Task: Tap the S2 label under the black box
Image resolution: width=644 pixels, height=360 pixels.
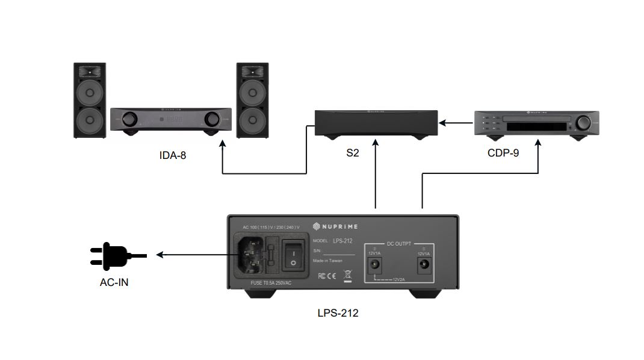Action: (x=353, y=154)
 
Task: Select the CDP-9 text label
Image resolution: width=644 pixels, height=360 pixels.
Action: (x=503, y=153)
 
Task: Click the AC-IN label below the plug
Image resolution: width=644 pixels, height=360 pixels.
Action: (x=114, y=281)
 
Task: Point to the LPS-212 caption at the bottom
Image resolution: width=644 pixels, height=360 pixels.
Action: (x=338, y=313)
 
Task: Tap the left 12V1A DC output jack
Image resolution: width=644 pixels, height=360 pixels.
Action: (x=375, y=263)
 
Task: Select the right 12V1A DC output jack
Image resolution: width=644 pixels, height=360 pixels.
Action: (x=424, y=263)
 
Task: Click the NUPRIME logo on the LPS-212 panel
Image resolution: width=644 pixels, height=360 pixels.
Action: (x=335, y=226)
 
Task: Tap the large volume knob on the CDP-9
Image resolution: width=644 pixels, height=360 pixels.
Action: (x=583, y=123)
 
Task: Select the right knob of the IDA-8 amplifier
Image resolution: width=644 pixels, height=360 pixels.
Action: (x=212, y=119)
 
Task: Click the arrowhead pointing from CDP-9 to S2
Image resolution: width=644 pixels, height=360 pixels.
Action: (x=442, y=123)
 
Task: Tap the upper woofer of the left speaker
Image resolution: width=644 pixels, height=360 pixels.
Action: (x=90, y=93)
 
